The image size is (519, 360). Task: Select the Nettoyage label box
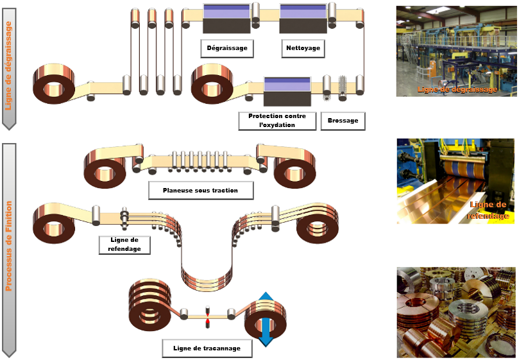(x=300, y=48)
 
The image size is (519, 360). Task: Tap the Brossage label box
(x=343, y=121)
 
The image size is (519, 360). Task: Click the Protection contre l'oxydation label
(x=277, y=121)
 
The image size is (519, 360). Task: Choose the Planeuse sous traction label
(x=200, y=191)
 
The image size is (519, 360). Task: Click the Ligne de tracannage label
(x=207, y=348)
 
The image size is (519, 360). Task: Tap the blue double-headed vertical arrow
(x=265, y=319)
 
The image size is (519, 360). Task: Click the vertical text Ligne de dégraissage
(x=9, y=65)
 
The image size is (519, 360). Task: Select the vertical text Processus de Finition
(x=9, y=244)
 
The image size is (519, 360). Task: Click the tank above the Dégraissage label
(x=226, y=18)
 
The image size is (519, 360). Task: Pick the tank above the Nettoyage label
(x=302, y=18)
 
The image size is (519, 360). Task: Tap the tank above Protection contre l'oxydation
(x=287, y=92)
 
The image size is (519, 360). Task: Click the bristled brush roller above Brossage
(x=342, y=88)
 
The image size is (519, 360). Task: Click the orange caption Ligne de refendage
(x=488, y=210)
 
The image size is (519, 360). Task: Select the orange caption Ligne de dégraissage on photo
(x=457, y=90)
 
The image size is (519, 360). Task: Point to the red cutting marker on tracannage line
(x=207, y=314)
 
